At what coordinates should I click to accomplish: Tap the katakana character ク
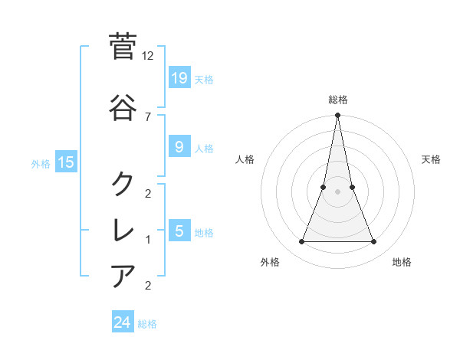point(123,183)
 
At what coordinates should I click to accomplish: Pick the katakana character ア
point(123,274)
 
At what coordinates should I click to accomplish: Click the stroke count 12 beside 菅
point(148,56)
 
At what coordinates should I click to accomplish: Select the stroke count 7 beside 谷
point(148,116)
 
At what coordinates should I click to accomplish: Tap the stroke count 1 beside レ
point(148,240)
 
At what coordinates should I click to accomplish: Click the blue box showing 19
point(179,77)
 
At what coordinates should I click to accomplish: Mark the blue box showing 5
point(179,231)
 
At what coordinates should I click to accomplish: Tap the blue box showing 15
point(66,162)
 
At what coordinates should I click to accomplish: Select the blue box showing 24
point(123,322)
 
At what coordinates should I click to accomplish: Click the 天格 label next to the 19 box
point(204,79)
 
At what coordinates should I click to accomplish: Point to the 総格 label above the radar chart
point(337,100)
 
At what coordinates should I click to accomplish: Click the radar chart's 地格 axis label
point(402,262)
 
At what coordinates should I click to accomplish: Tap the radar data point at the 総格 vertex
point(337,116)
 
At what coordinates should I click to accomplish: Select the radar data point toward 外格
point(301,242)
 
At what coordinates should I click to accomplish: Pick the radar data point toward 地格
point(374,242)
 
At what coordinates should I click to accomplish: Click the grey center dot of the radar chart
point(337,191)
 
